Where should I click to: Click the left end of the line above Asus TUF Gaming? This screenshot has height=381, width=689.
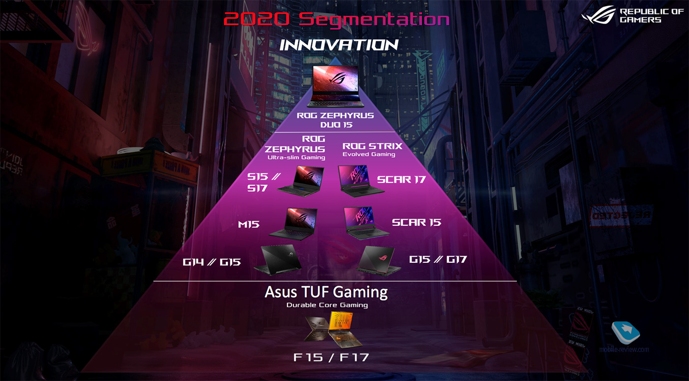point(154,281)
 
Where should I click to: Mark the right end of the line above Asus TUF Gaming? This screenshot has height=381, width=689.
point(516,281)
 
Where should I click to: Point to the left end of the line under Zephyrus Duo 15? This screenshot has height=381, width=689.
point(274,132)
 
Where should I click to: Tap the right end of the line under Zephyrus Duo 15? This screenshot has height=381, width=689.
point(395,132)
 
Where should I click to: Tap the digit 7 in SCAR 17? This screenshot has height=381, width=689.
point(422,179)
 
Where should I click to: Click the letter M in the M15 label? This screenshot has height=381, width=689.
point(243,224)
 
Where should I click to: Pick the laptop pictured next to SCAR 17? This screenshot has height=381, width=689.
point(360,181)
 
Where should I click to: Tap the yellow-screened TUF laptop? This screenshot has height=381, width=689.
point(344,330)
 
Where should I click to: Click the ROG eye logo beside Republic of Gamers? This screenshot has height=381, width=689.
point(598,15)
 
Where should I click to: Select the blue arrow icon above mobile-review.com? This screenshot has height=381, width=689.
point(626,333)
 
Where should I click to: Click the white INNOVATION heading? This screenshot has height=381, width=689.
point(339,45)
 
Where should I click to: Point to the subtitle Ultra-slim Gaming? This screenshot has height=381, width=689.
point(296,157)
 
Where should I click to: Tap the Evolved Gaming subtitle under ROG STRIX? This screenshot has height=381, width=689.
point(369,154)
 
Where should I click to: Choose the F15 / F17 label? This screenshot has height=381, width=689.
point(331,357)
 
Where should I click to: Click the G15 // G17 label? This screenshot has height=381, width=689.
point(438,260)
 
